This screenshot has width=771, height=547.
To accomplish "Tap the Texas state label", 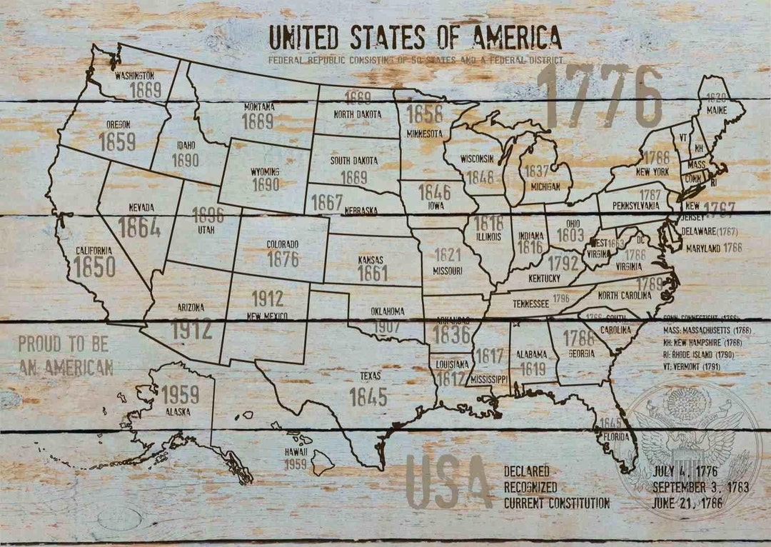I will pyautogui.click(x=370, y=376).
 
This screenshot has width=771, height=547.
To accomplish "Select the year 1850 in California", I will pyautogui.click(x=94, y=267).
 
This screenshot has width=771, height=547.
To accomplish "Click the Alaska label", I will pyautogui.click(x=173, y=411).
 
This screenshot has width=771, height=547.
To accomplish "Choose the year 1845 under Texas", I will pyautogui.click(x=368, y=396).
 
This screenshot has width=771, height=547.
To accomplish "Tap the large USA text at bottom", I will pyautogui.click(x=448, y=481).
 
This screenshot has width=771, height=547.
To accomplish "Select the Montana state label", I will pyautogui.click(x=259, y=107).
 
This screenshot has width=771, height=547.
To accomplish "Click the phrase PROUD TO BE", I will pyautogui.click(x=63, y=344).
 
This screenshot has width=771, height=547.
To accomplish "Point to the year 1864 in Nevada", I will pyautogui.click(x=138, y=227).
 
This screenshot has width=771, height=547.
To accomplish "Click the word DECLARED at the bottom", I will pyautogui.click(x=527, y=472).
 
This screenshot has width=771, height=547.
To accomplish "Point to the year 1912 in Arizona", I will pyautogui.click(x=191, y=329).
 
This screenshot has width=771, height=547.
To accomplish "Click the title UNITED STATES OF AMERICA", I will pyautogui.click(x=414, y=36).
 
